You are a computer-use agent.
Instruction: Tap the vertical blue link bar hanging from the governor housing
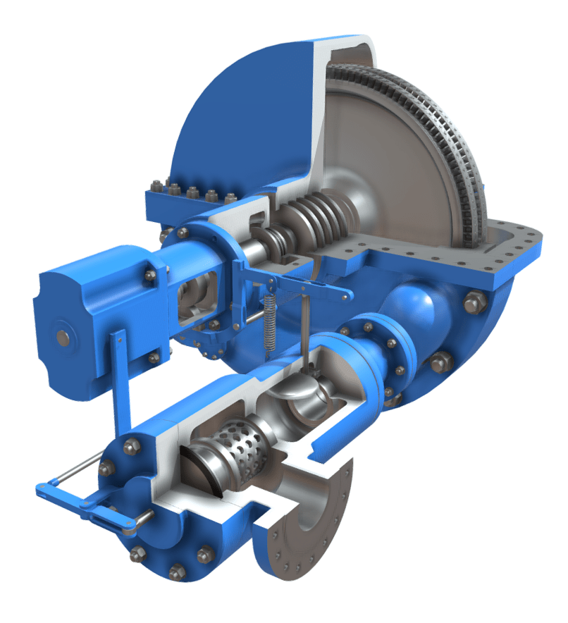[118, 381]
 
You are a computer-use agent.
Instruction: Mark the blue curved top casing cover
[240, 113]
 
